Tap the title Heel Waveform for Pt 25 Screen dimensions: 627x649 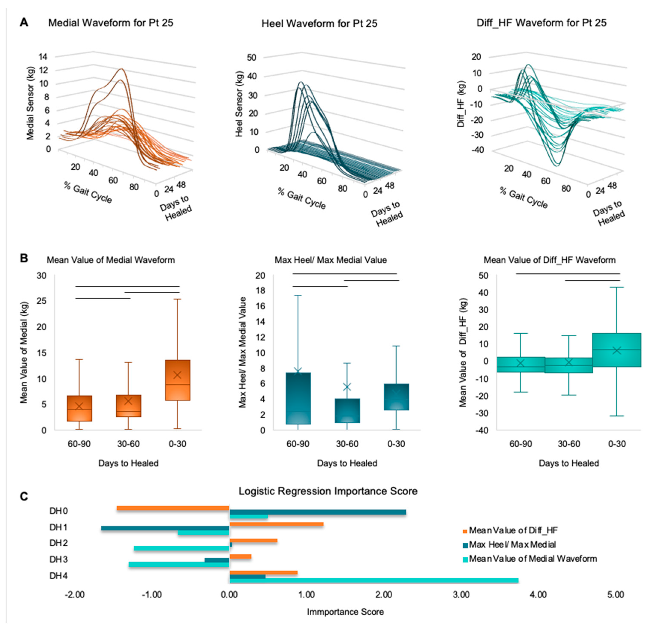(319, 24)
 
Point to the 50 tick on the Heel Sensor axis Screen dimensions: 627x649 (252, 58)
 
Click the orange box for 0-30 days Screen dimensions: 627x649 (177, 380)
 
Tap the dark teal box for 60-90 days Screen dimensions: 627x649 (298, 398)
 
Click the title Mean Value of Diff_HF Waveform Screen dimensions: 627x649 (550, 260)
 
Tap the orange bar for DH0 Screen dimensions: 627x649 (173, 508)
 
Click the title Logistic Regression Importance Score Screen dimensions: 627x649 (328, 491)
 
